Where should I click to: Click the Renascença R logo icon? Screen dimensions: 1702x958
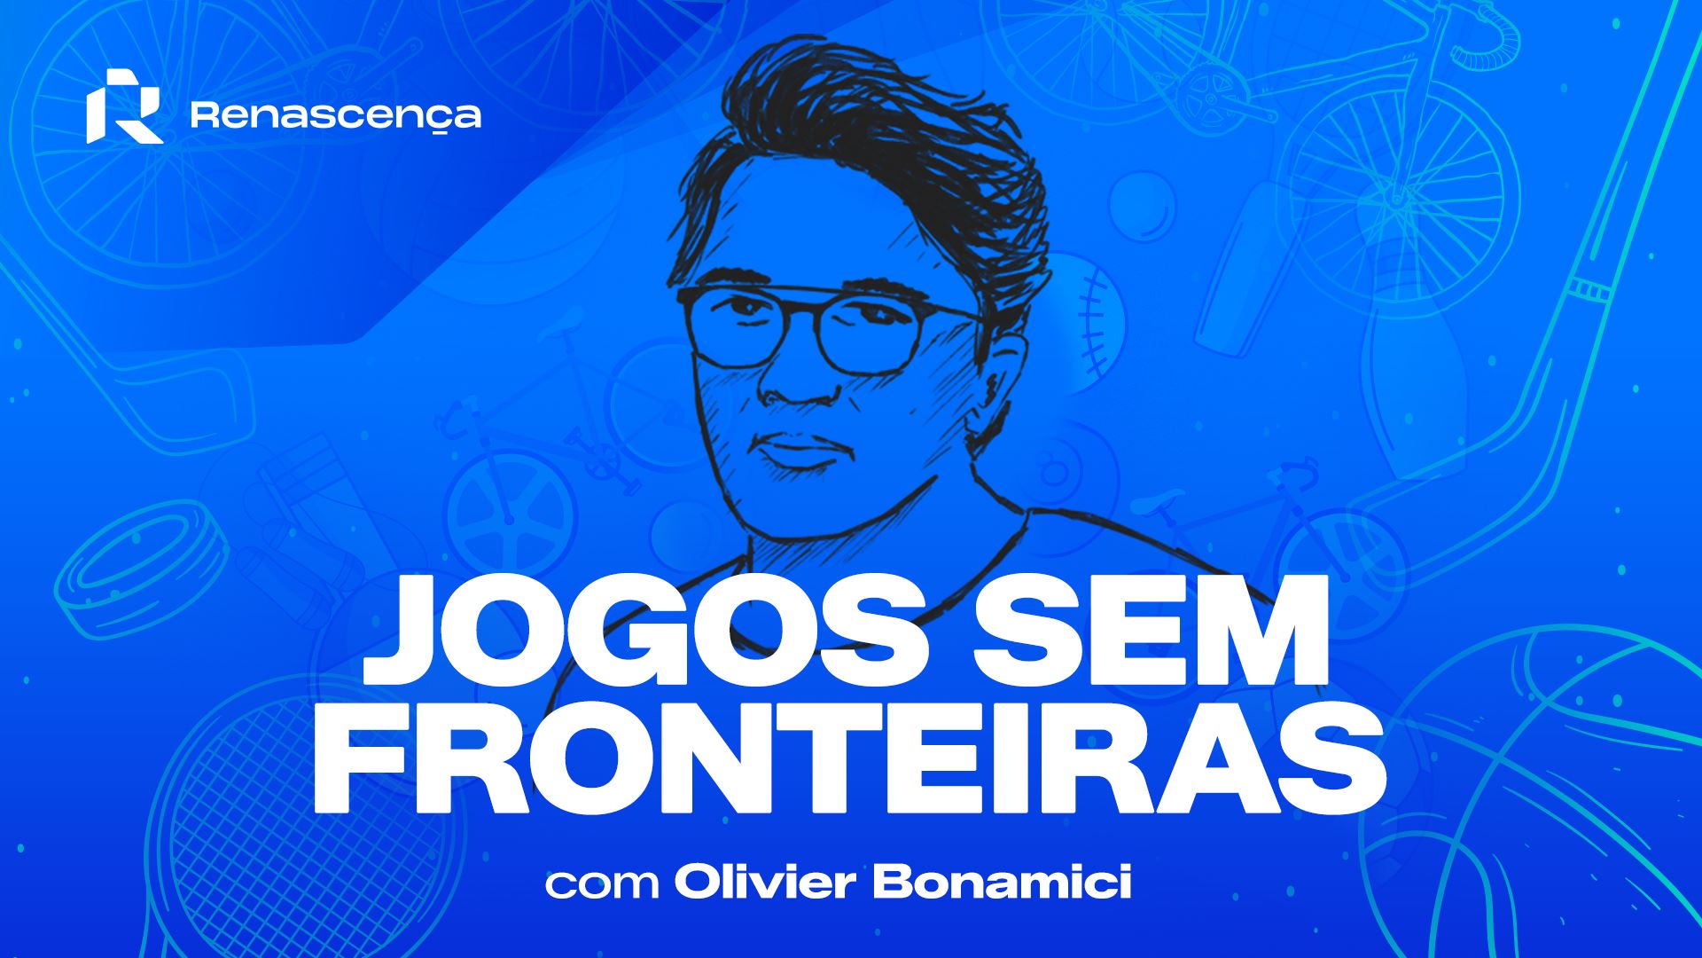[x=124, y=106]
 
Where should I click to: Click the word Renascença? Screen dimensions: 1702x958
[x=336, y=116]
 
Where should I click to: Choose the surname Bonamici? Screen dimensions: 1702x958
[x=1003, y=883]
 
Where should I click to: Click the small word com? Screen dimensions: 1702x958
[x=602, y=886]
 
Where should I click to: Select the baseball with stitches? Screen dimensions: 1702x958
[x=1086, y=319]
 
